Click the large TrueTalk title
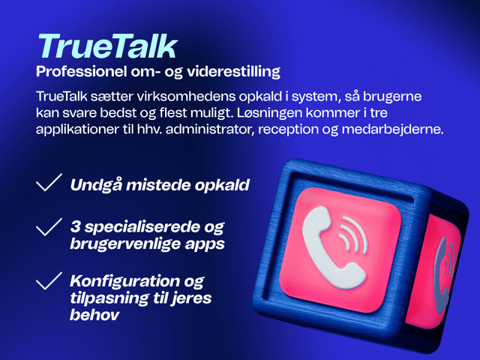[106, 46]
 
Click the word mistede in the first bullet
[160, 184]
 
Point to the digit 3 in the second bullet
[73, 226]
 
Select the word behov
[94, 316]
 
